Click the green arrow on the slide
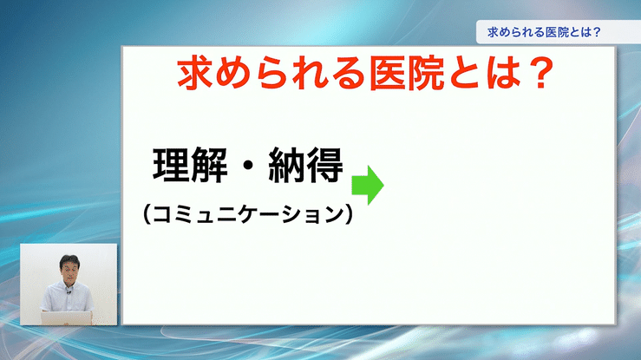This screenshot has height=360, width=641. coord(368,185)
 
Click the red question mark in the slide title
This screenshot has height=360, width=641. coord(540,73)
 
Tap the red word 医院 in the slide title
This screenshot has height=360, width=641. coord(406,74)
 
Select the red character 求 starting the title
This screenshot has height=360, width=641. coord(195,74)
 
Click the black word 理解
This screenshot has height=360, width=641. coord(190,165)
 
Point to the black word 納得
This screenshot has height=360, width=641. coord(306,165)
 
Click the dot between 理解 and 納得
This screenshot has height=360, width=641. coord(248,166)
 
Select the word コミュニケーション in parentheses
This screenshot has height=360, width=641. coord(247,214)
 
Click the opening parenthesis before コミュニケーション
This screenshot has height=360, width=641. coord(147,214)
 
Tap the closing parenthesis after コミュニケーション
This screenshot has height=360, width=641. coord(349,214)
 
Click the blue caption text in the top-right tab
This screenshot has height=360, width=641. coord(544,32)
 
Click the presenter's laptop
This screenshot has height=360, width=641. coord(66,317)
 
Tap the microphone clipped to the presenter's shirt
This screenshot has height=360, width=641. coord(69,291)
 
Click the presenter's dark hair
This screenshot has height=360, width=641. coord(69,260)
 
